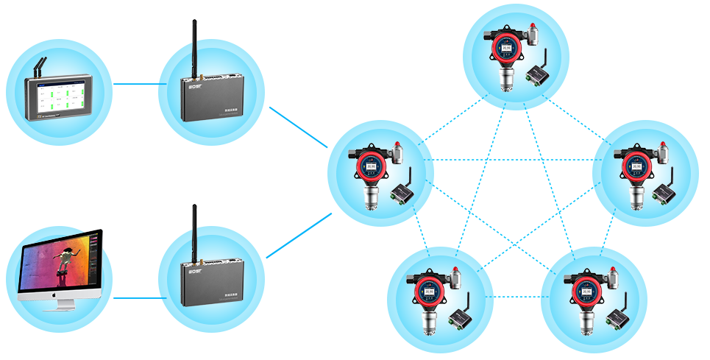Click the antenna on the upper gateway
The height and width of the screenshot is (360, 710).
(195, 44)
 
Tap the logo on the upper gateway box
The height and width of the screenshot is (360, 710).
(195, 85)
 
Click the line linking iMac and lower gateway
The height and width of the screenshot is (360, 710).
(135, 297)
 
